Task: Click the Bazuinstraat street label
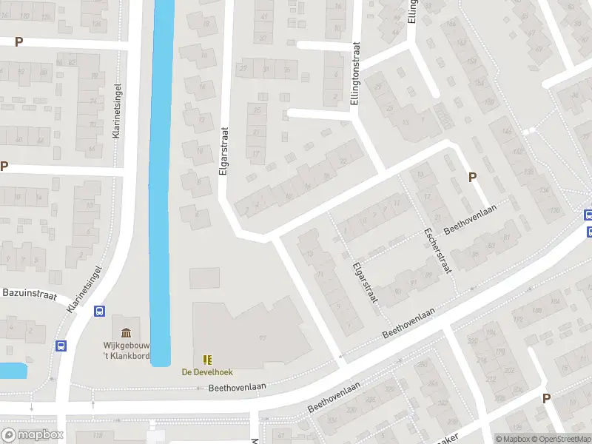(x=30, y=294)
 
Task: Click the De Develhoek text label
(x=207, y=372)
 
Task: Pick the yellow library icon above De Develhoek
(x=207, y=360)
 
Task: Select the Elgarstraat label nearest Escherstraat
(x=366, y=283)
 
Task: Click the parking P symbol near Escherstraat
(x=472, y=177)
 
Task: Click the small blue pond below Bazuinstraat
(x=13, y=371)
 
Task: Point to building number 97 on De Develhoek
(x=262, y=338)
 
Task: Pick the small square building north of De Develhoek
(x=204, y=278)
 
